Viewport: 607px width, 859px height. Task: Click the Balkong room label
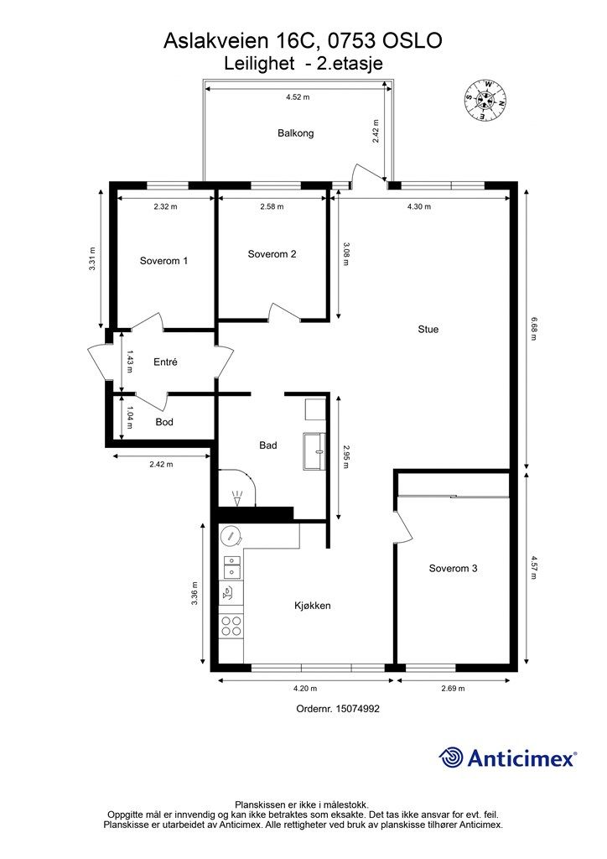tap(296, 133)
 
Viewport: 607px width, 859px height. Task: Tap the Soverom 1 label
tap(163, 261)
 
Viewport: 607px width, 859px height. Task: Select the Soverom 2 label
tap(272, 254)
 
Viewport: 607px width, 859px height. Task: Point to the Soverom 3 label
tap(454, 569)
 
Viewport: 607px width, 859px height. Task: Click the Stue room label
tap(428, 329)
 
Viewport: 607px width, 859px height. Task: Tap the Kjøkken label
tap(313, 606)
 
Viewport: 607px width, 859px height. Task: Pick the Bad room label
tap(268, 445)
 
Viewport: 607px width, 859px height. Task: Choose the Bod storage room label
tap(164, 422)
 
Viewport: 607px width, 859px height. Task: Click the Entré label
tap(165, 362)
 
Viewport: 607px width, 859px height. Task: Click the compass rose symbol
tap(485, 100)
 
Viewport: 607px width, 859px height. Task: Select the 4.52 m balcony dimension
tap(298, 97)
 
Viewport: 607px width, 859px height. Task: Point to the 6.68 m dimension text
tap(533, 328)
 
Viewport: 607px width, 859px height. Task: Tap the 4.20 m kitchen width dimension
tap(305, 689)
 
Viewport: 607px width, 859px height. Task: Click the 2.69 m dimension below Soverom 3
tap(454, 689)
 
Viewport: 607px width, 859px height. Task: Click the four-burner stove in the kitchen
tap(231, 626)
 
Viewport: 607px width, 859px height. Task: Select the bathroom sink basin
tap(314, 450)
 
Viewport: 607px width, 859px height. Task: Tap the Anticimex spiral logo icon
tap(451, 758)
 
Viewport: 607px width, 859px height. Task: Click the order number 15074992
tap(358, 708)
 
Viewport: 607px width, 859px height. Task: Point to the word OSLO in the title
tap(412, 40)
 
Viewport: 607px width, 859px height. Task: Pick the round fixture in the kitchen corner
tap(231, 536)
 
